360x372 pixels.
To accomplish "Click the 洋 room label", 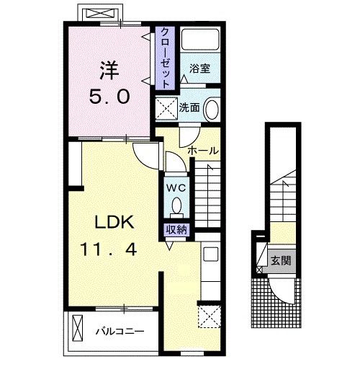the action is coord(109,71).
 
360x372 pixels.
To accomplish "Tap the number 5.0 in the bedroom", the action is coord(109,97).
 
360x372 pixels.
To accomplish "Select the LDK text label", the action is coord(114,222).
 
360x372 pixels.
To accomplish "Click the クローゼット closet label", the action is coord(165,58).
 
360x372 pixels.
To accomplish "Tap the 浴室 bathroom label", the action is coord(199,68).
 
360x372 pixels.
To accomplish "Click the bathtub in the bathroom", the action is coord(200,40).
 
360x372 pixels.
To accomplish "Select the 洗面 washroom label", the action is coord(189,107).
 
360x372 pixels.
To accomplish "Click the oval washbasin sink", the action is coord(212,109).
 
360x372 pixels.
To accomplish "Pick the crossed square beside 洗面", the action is coord(166,108).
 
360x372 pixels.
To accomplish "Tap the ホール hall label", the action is coord(203,151).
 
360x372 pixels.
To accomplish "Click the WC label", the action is coord(176,187).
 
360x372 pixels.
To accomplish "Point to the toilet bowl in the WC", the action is coord(177,207).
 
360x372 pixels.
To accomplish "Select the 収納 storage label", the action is coord(176,230).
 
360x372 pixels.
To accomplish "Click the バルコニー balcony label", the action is coord(120,332).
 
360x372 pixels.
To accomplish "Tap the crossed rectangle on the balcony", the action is coord(78,328).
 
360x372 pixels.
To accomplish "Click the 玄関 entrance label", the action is coord(281,260).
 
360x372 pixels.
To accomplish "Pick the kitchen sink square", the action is coord(211,254).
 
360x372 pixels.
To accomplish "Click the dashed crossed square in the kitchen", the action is coord(210,316).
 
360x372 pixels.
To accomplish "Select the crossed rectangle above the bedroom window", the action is coord(99,13).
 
